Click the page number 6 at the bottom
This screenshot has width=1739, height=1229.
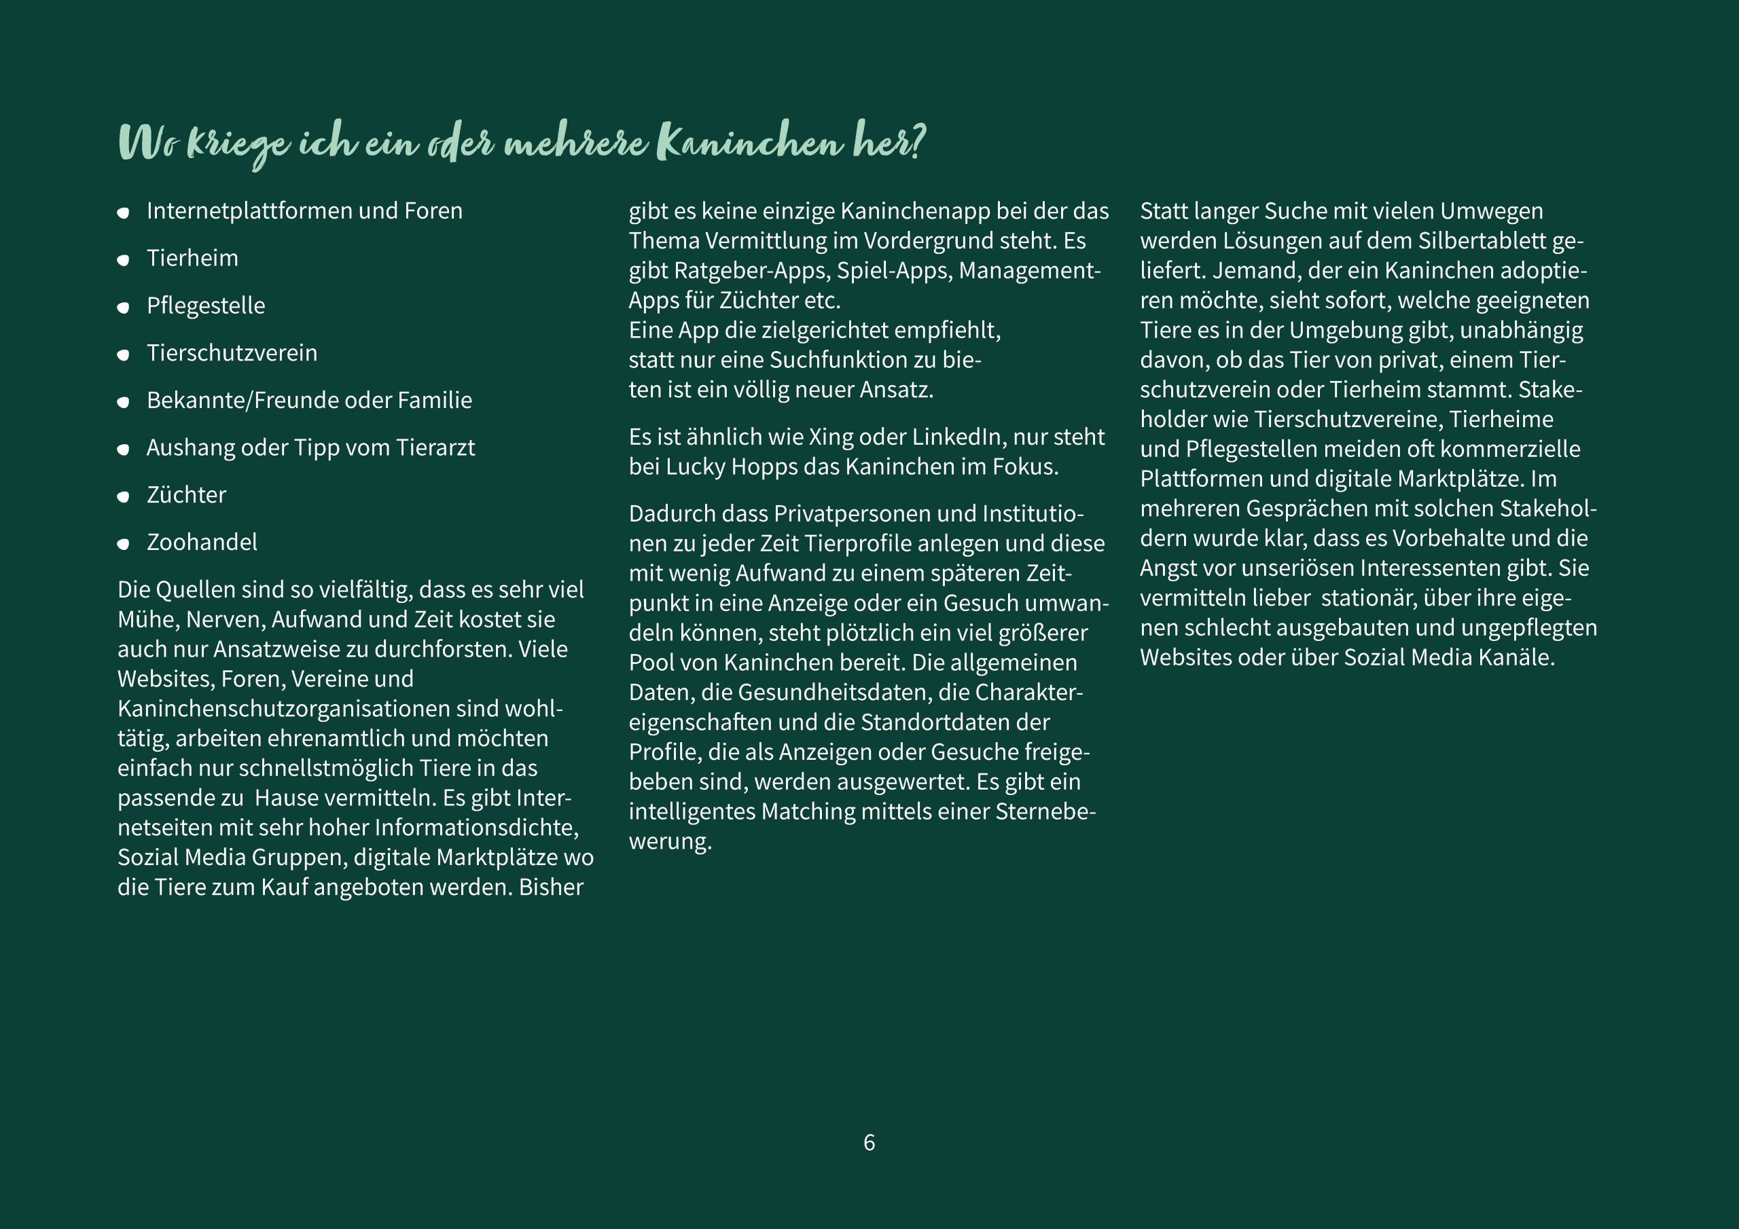click(x=869, y=1143)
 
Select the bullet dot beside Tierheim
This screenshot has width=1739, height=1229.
click(x=124, y=261)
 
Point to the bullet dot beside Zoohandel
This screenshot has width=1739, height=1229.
click(x=124, y=545)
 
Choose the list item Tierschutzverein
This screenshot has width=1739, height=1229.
click(x=232, y=353)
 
